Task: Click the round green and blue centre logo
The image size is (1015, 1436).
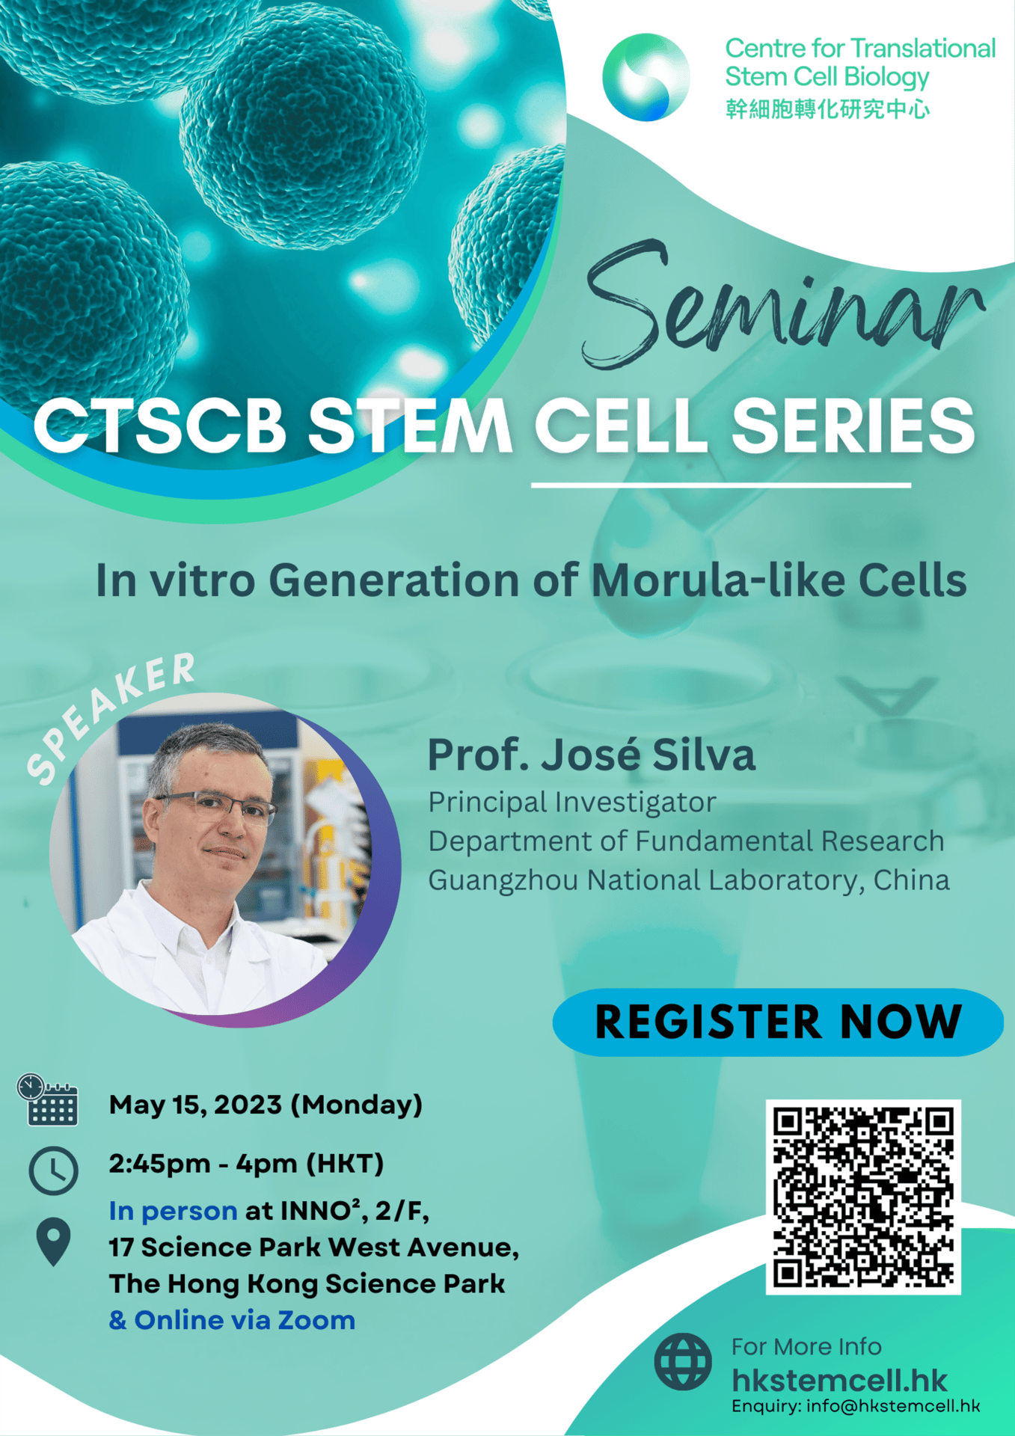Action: (x=646, y=77)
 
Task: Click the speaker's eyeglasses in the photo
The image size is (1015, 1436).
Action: (x=216, y=808)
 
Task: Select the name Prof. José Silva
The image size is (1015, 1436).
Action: (x=591, y=755)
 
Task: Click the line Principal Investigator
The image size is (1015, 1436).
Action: (x=572, y=803)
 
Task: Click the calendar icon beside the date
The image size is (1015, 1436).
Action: (x=48, y=1100)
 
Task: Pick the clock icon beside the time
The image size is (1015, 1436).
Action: (x=53, y=1170)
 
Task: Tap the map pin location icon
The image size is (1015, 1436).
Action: (x=53, y=1242)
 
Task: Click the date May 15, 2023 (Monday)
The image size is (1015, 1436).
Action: (x=266, y=1105)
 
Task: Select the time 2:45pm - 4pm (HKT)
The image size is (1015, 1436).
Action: (x=246, y=1164)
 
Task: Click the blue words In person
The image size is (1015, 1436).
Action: (x=173, y=1211)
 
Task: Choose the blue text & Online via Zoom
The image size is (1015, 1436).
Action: (x=232, y=1320)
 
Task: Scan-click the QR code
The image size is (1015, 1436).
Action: (x=863, y=1197)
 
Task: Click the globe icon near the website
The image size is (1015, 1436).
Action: (x=682, y=1361)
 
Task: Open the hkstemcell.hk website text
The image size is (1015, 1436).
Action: (x=839, y=1381)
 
